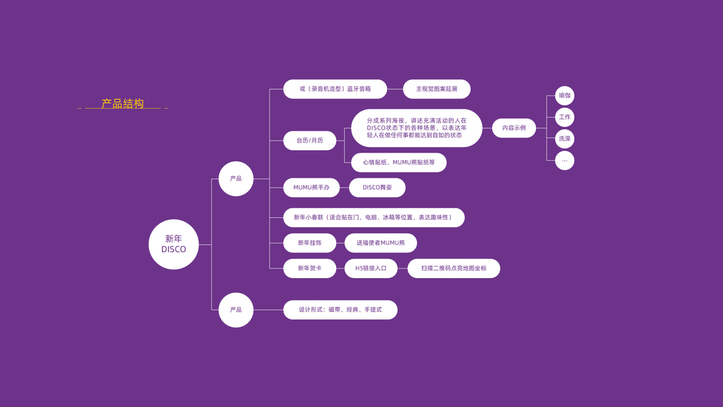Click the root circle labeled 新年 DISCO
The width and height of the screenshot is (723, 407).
(x=173, y=244)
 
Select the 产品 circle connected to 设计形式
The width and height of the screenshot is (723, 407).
(x=236, y=310)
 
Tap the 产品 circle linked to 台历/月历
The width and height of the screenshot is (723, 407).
(x=236, y=178)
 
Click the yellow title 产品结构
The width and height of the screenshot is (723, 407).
(x=123, y=104)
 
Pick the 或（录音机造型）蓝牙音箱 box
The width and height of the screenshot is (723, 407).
(x=335, y=89)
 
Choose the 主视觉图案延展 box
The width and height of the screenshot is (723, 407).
(x=436, y=89)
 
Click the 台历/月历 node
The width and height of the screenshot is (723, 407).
(x=310, y=140)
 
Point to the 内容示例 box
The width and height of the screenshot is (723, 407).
(x=514, y=128)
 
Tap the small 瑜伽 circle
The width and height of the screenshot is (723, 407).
(x=564, y=96)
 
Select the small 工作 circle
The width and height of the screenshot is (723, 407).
(x=564, y=117)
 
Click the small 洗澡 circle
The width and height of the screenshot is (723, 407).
(x=564, y=139)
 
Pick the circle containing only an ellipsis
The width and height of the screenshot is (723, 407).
(x=564, y=161)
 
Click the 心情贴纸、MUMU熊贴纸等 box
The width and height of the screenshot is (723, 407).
(x=398, y=163)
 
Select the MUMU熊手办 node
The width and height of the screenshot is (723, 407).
(x=311, y=187)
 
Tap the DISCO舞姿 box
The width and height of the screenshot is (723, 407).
(x=377, y=187)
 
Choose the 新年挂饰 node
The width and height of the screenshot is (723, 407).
(x=310, y=243)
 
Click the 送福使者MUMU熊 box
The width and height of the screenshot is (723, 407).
(x=380, y=243)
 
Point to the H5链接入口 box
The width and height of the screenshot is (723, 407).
(x=371, y=269)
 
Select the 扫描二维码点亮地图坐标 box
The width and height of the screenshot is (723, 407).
(x=453, y=269)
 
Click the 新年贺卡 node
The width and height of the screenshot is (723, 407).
(x=310, y=269)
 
